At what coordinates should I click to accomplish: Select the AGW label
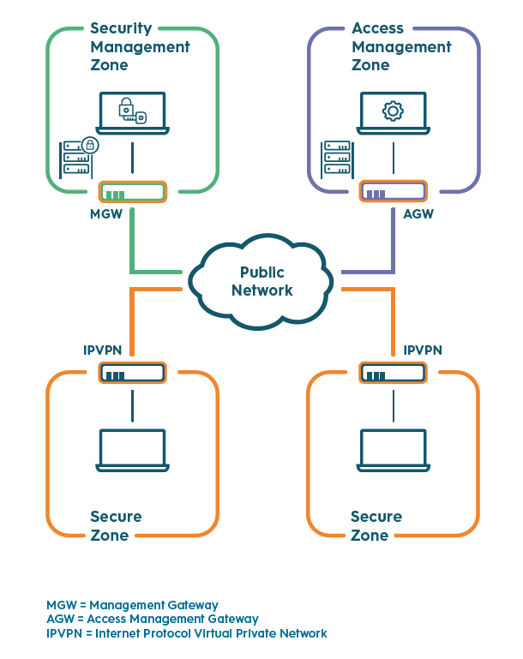coord(418,213)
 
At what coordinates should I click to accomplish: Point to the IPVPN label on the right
coord(423,350)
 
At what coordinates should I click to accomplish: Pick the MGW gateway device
coord(132,192)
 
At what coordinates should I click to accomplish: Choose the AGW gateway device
coord(393,192)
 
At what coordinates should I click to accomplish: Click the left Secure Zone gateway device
coord(132,374)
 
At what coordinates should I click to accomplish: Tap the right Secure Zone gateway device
coord(393,374)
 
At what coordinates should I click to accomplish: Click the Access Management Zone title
coord(400,46)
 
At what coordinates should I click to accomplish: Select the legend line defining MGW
coord(132,605)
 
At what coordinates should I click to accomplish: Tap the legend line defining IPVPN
coord(186,633)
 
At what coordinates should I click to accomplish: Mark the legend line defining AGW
coord(152,619)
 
